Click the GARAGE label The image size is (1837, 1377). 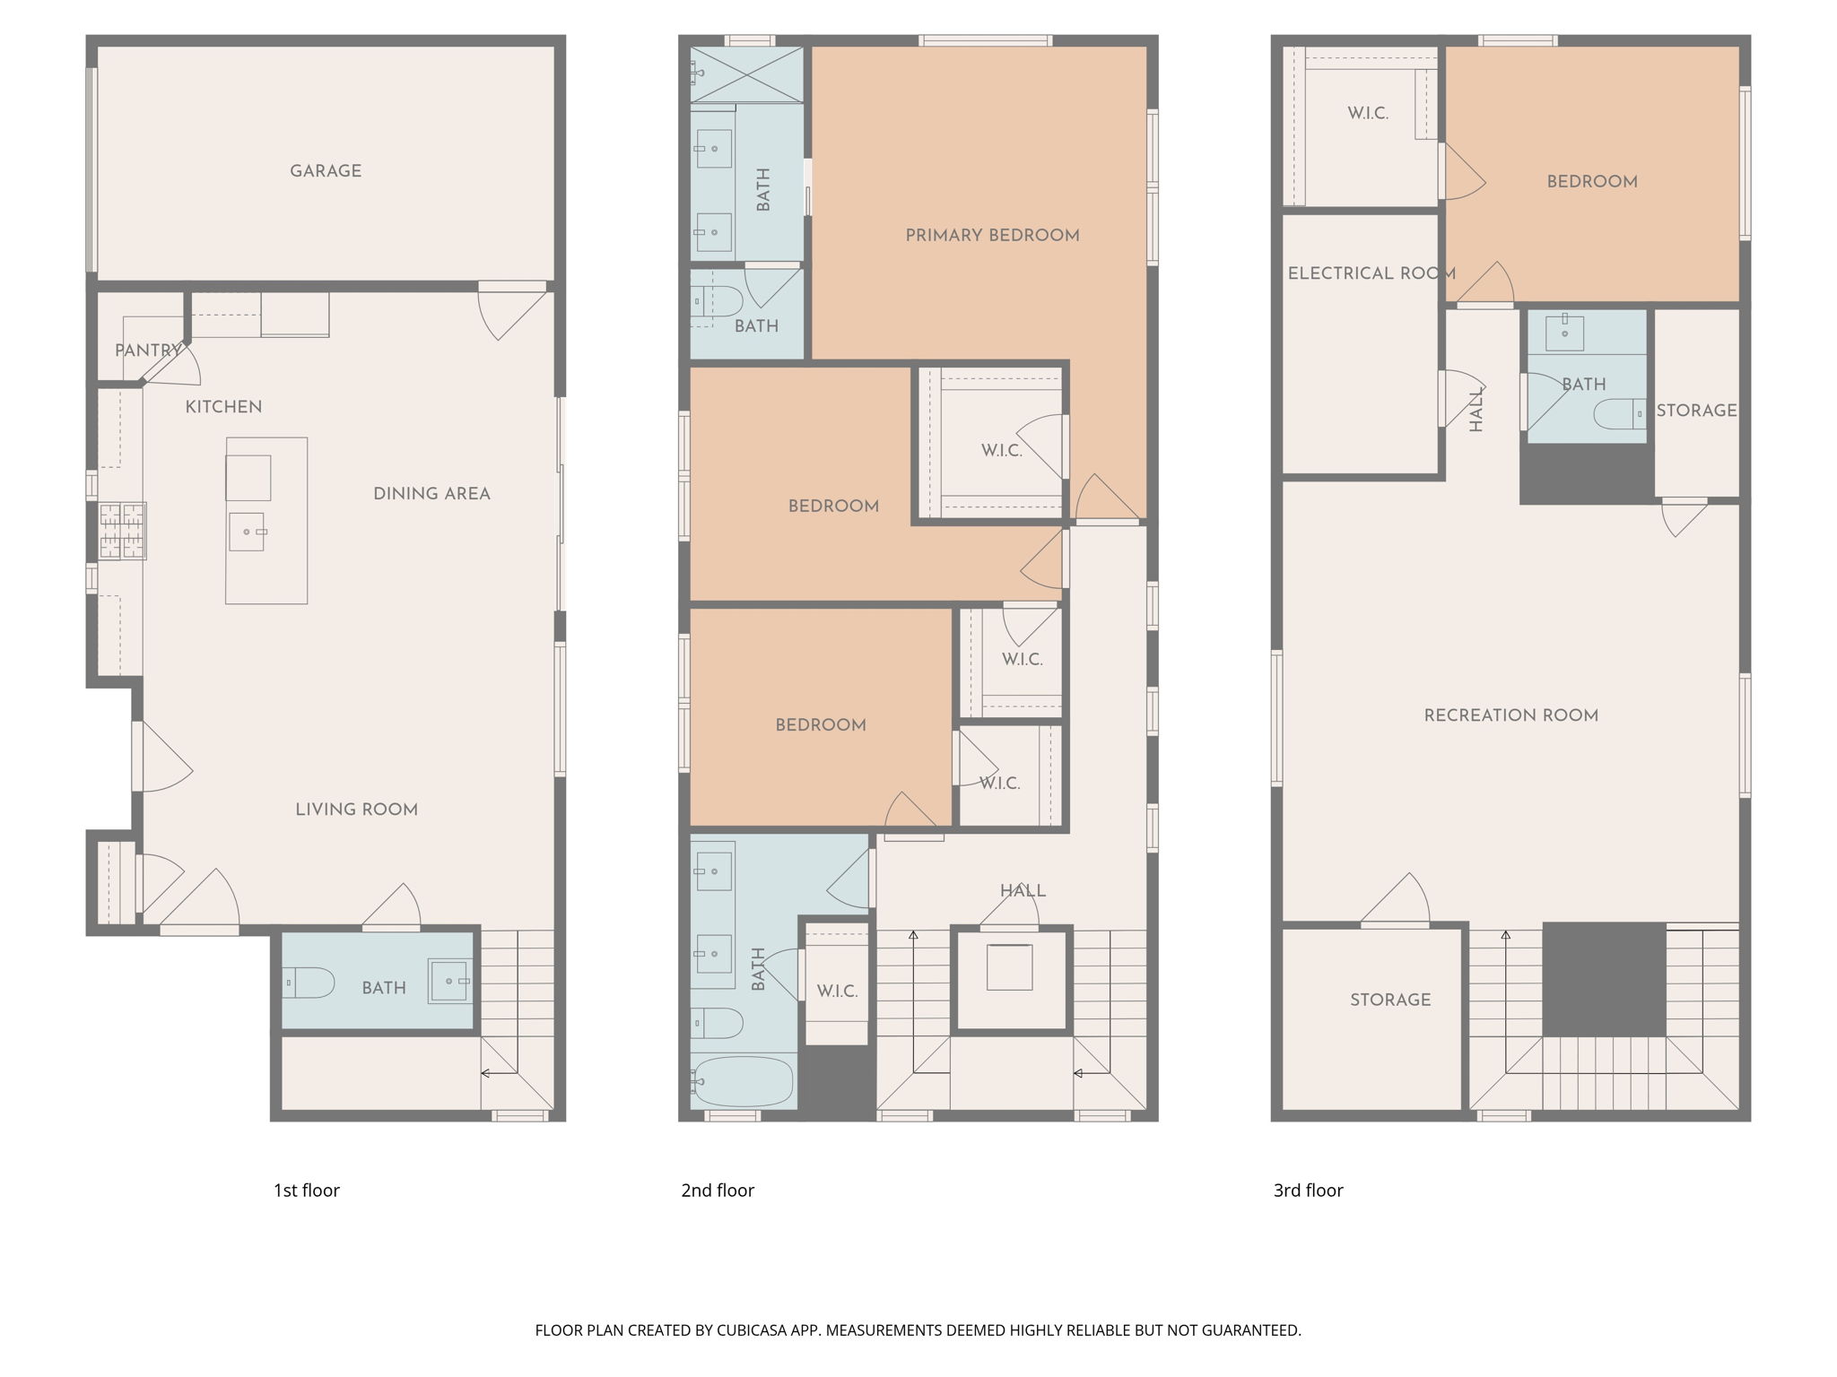point(326,171)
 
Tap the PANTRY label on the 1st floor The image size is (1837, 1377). point(147,351)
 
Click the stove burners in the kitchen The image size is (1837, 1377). point(122,531)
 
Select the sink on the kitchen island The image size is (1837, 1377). point(247,532)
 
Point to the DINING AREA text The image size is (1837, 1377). point(431,494)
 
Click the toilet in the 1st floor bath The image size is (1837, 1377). point(309,983)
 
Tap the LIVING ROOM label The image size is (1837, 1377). point(357,810)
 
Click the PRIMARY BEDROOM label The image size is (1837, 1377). point(992,236)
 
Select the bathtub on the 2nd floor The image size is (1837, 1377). point(743,1082)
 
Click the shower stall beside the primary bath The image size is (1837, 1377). point(746,74)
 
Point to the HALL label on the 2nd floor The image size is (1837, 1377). point(1023,891)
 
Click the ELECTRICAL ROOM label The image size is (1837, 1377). point(1371,273)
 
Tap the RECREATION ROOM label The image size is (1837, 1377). point(1511,715)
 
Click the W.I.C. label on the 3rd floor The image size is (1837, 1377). point(1368,114)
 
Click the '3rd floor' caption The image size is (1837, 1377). point(1308,1191)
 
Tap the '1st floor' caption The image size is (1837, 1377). point(307,1191)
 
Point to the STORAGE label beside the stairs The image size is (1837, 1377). point(1390,1000)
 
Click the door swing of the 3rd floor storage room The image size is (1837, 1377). point(1396,898)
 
